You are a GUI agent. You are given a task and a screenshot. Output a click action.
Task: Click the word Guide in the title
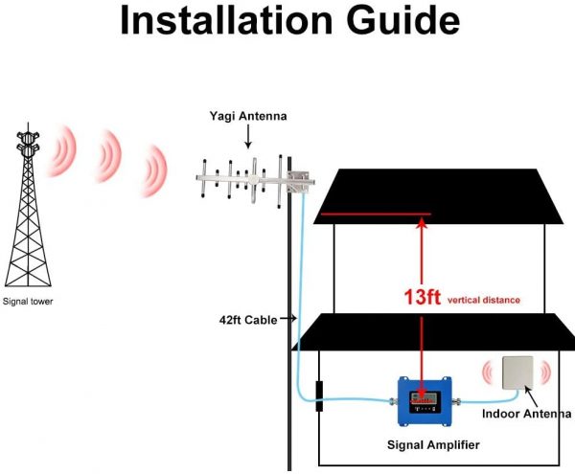pyautogui.click(x=402, y=21)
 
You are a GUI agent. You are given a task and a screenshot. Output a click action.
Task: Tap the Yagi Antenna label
pyautogui.click(x=248, y=116)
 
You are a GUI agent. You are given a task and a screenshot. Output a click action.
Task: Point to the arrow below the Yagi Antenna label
pyautogui.click(x=248, y=136)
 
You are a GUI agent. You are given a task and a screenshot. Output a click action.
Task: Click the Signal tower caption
pyautogui.click(x=28, y=302)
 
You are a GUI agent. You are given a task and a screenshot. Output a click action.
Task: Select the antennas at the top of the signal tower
pyautogui.click(x=28, y=142)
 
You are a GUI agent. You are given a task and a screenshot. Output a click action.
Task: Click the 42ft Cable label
pyautogui.click(x=248, y=320)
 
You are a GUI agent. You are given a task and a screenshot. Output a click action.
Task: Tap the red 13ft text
pyautogui.click(x=422, y=297)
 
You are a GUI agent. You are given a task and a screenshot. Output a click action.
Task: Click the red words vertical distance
pyautogui.click(x=484, y=301)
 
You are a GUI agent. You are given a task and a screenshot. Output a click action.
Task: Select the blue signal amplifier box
pyautogui.click(x=425, y=401)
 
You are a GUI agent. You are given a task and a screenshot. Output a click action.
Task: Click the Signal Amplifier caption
pyautogui.click(x=433, y=445)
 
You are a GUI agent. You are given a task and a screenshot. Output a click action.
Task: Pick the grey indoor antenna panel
pyautogui.click(x=517, y=372)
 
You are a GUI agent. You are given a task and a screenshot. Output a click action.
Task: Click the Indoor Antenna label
pyautogui.click(x=526, y=414)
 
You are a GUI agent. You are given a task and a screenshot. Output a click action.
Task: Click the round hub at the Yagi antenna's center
pyautogui.click(x=254, y=179)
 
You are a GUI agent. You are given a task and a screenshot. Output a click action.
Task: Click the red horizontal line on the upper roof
pyautogui.click(x=376, y=214)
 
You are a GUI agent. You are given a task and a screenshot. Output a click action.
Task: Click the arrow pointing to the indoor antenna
pyautogui.click(x=531, y=396)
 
